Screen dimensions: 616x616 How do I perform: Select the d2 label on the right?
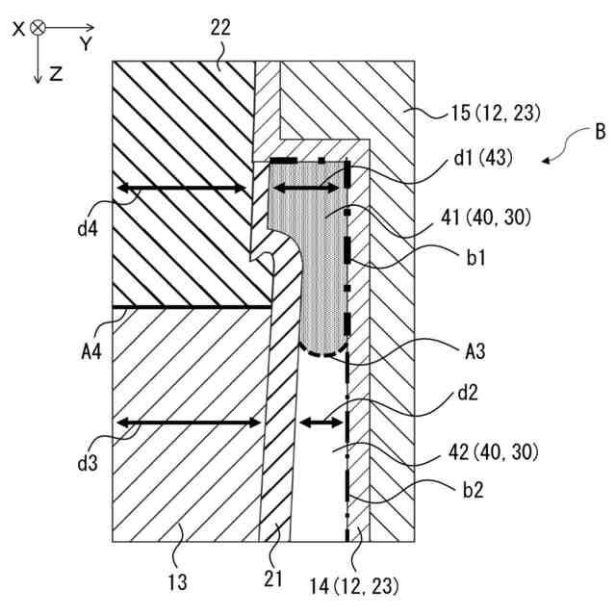(469, 394)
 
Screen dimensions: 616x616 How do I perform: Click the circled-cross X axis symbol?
(38, 29)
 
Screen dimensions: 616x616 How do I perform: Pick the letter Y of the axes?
(86, 44)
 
